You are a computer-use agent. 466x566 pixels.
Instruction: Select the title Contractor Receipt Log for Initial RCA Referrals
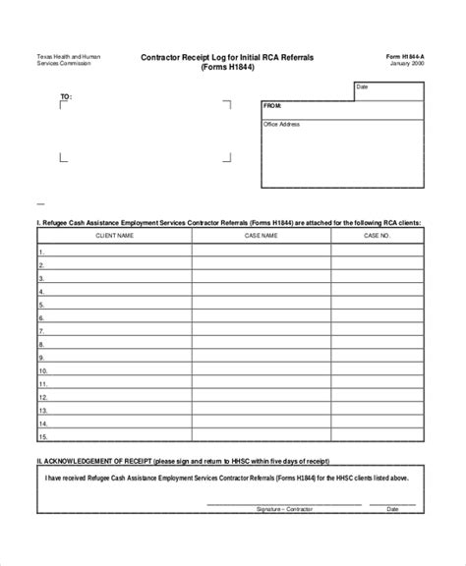[226, 59]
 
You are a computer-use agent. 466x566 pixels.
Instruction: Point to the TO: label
[66, 97]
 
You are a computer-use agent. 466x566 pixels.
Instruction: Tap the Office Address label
[282, 125]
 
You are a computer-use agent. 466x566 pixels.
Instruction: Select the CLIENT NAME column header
[114, 236]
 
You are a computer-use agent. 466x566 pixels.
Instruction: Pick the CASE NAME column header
[261, 236]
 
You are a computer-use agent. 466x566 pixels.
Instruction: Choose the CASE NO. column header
[378, 236]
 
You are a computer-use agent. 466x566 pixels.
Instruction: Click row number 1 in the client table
[42, 251]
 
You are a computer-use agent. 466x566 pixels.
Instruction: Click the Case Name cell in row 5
[261, 304]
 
